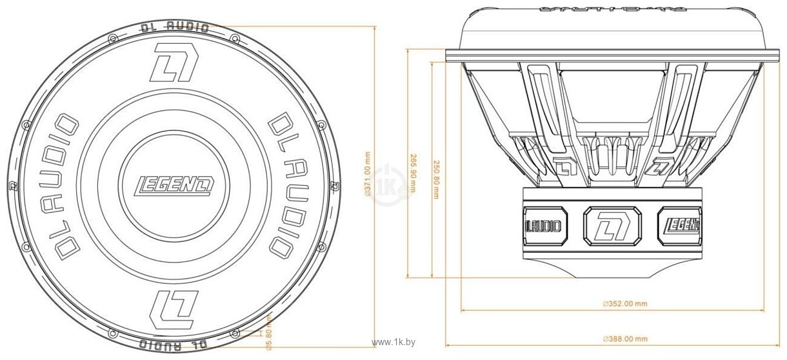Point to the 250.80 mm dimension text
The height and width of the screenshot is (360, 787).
(436, 179)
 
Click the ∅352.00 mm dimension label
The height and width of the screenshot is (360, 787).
(624, 303)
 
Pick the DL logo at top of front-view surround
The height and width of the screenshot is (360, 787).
(172, 63)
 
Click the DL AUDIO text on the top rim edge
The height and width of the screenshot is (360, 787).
(174, 27)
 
